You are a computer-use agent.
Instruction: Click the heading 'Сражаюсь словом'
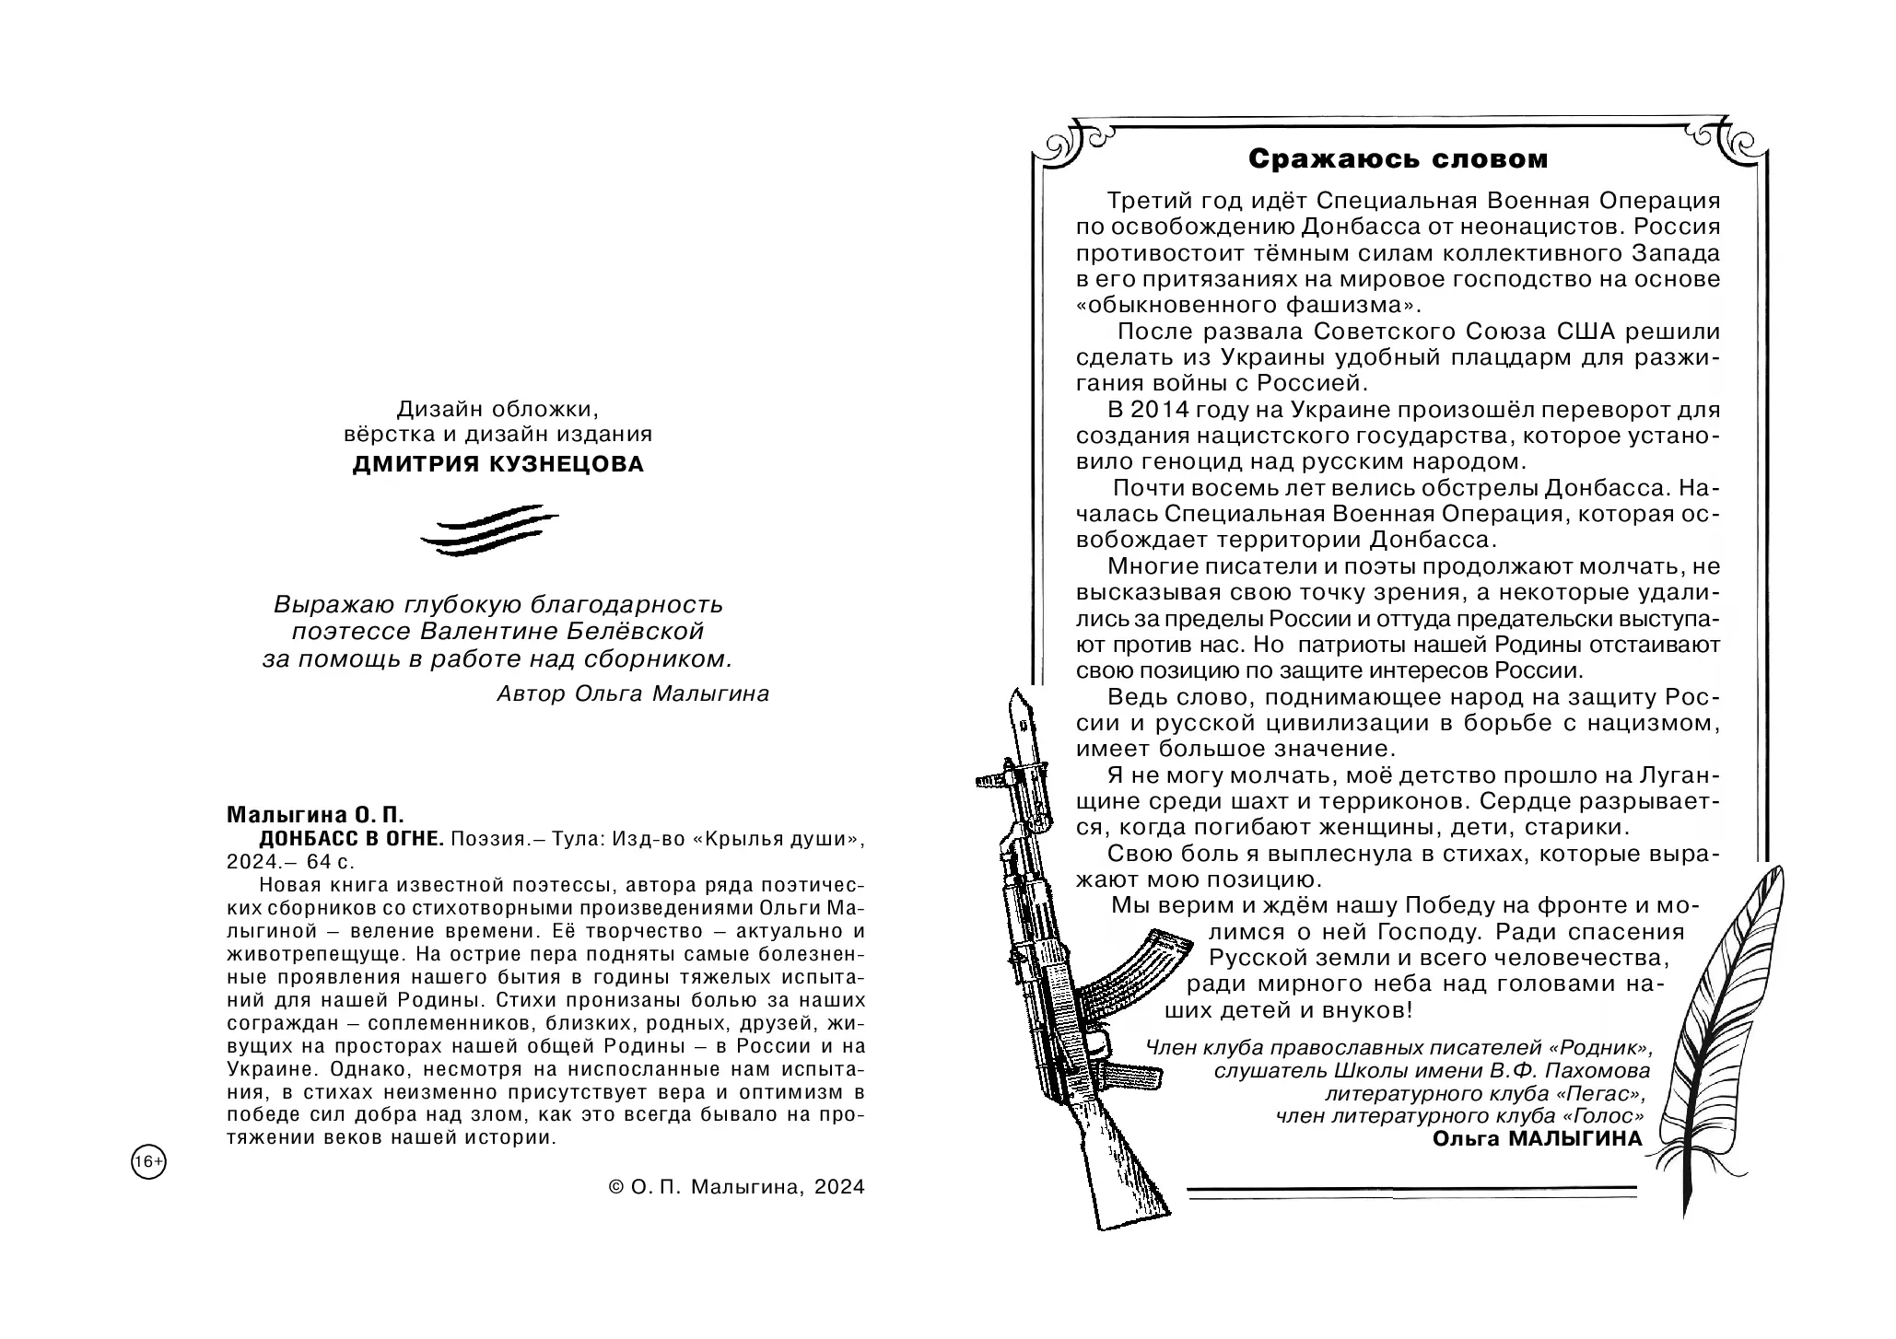[x=1398, y=159]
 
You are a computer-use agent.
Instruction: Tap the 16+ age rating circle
[x=148, y=1162]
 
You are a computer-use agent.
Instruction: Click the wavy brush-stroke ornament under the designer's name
[x=489, y=531]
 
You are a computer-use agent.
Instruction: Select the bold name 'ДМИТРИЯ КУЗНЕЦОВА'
[x=498, y=464]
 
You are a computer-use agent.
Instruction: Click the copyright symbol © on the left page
[x=617, y=1188]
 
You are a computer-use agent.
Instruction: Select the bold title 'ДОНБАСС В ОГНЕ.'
[x=352, y=838]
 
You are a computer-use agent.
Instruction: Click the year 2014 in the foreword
[x=1163, y=410]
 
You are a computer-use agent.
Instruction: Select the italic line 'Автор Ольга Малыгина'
[x=632, y=693]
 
